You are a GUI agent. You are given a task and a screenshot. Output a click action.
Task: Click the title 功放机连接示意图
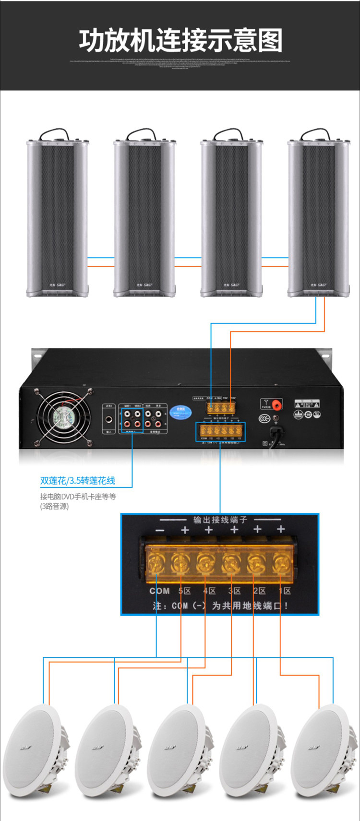(x=180, y=41)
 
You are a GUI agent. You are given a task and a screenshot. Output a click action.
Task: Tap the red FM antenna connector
(x=277, y=404)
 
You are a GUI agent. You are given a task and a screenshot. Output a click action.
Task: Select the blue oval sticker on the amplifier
(x=181, y=412)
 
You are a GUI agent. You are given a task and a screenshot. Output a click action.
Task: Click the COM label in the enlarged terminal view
(x=159, y=591)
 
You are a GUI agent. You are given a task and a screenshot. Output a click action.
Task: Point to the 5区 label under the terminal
(x=185, y=591)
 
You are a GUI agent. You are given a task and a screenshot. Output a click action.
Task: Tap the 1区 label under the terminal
(x=285, y=591)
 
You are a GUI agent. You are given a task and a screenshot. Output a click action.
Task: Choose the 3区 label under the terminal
(x=234, y=591)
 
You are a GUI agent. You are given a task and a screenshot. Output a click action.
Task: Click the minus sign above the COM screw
(x=160, y=530)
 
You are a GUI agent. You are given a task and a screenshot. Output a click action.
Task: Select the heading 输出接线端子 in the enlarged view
(x=220, y=520)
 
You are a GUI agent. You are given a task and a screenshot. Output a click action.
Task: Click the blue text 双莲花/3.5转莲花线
(x=78, y=480)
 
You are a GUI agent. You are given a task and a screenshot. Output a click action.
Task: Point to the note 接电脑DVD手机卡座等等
(x=78, y=496)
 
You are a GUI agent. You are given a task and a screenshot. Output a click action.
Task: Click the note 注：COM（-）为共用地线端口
(x=220, y=606)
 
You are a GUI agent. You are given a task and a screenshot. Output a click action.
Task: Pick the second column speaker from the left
(x=144, y=216)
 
